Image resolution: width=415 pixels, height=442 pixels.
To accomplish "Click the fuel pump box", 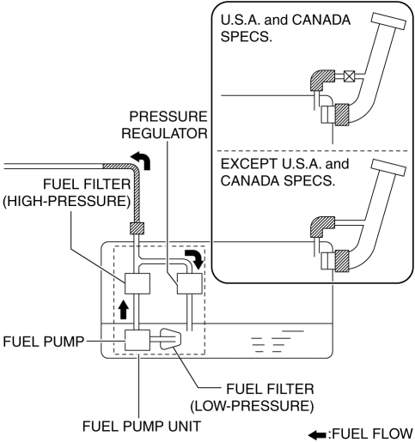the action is pyautogui.click(x=137, y=340).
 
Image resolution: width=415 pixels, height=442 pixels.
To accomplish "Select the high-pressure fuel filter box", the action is pyautogui.click(x=137, y=283).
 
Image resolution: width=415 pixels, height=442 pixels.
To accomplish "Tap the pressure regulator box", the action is pyautogui.click(x=190, y=283).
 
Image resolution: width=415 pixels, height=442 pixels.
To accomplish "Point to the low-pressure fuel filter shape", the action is pyautogui.click(x=170, y=339).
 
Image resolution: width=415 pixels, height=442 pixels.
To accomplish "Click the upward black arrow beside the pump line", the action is pyautogui.click(x=124, y=309).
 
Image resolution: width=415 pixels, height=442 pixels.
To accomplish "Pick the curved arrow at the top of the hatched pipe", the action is pyautogui.click(x=141, y=160).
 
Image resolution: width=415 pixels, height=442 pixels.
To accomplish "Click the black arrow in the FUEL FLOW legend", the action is pyautogui.click(x=317, y=435).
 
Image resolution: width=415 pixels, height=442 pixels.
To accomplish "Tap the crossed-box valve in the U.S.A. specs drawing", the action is pyautogui.click(x=349, y=76).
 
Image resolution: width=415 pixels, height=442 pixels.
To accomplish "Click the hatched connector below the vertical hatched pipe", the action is pyautogui.click(x=137, y=228).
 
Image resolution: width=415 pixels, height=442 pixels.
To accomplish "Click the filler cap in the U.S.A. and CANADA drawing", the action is pyautogui.click(x=388, y=21).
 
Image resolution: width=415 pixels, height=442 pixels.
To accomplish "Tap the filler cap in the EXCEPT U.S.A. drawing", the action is pyautogui.click(x=388, y=167).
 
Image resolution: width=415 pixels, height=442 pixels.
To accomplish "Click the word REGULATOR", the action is pyautogui.click(x=164, y=134).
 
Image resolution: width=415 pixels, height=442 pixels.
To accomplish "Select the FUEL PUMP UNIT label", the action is pyautogui.click(x=142, y=426).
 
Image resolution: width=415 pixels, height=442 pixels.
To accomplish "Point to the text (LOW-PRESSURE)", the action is pyautogui.click(x=252, y=406).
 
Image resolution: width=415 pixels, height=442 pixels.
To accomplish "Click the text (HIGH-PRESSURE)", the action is pyautogui.click(x=66, y=201).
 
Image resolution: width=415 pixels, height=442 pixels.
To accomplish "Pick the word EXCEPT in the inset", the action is pyautogui.click(x=249, y=164).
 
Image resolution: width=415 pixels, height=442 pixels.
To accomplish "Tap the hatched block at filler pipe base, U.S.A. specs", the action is pyautogui.click(x=342, y=114).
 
